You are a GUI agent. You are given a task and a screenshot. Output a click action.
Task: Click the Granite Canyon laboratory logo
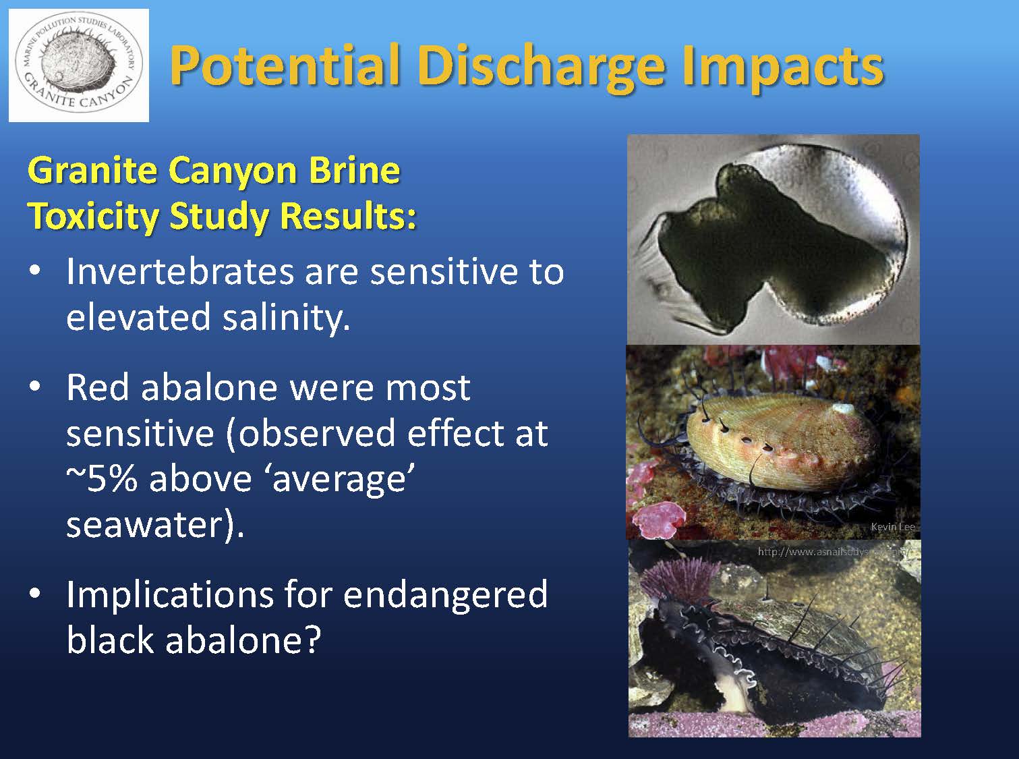(79, 65)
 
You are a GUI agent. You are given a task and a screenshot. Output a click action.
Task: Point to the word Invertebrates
(179, 271)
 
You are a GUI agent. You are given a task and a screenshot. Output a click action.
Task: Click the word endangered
(445, 595)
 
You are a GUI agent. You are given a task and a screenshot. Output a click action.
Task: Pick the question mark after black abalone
(310, 640)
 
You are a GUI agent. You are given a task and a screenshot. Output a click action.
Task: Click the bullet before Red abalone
(35, 388)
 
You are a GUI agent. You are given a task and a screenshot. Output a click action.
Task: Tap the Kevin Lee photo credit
(892, 527)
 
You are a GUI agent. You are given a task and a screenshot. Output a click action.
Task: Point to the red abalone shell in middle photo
(776, 439)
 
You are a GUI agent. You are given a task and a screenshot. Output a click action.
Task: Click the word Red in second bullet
(98, 388)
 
